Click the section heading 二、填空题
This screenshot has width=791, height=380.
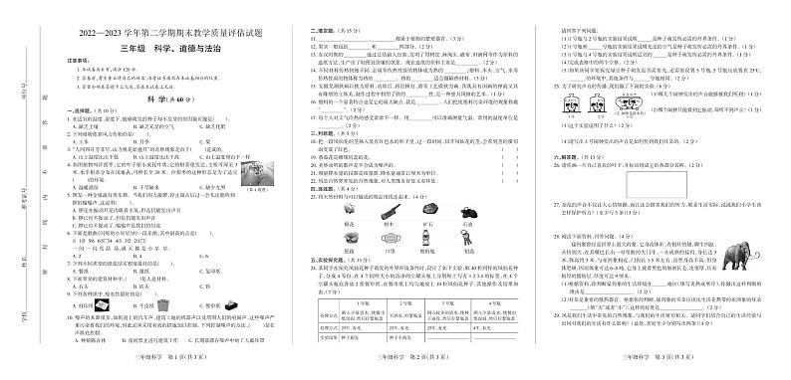(x=321, y=32)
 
